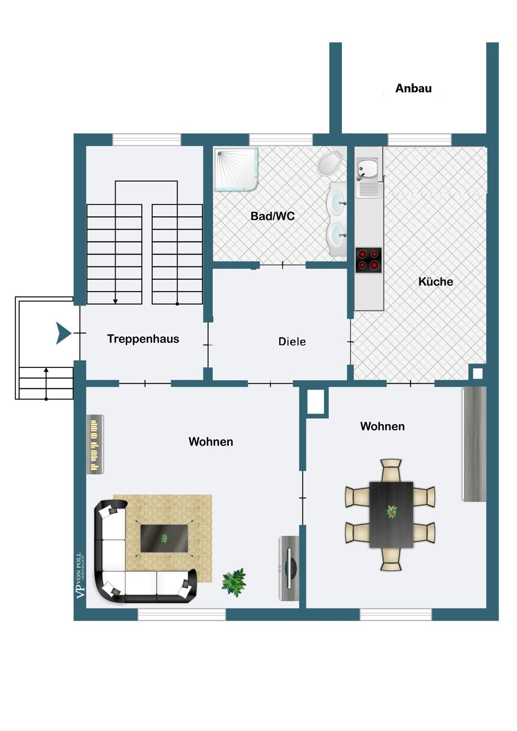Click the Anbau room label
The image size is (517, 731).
pos(413,88)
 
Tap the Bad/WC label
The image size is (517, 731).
pos(272,216)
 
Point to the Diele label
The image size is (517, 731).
pos(292,342)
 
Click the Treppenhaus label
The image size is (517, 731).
pos(143,339)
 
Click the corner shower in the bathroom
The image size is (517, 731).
pos(236,169)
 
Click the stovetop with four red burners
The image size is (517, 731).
pos(368,260)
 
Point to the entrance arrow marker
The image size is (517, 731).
pos(63,333)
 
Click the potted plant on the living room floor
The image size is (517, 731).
pos(234,582)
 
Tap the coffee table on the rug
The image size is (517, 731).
pos(164,539)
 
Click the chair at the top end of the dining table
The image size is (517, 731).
pos(391,470)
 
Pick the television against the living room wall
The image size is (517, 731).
pos(289,568)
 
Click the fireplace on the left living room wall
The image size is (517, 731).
pos(95,444)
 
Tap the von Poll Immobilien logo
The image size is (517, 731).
pos(80,576)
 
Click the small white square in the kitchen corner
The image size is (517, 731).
pos(477,373)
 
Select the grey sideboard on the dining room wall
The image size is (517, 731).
pos(474,444)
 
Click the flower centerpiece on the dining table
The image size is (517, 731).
pos(391,511)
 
